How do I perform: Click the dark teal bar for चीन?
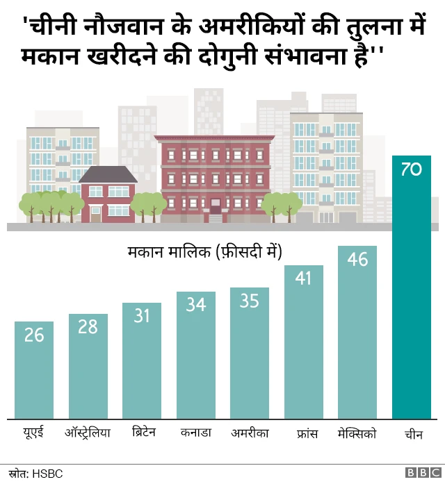(411, 292)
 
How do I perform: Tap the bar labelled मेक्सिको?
(357, 333)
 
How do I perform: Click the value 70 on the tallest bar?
(411, 169)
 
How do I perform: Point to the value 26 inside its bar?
(34, 335)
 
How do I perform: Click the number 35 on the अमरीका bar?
(250, 301)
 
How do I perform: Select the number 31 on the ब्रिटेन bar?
(142, 316)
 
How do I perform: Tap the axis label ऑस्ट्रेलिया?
(88, 434)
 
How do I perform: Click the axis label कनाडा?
(195, 433)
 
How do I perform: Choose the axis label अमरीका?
(250, 433)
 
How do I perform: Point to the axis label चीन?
(411, 435)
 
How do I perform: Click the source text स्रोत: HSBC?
(36, 473)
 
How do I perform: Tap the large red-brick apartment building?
(213, 177)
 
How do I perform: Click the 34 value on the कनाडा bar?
(195, 304)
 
